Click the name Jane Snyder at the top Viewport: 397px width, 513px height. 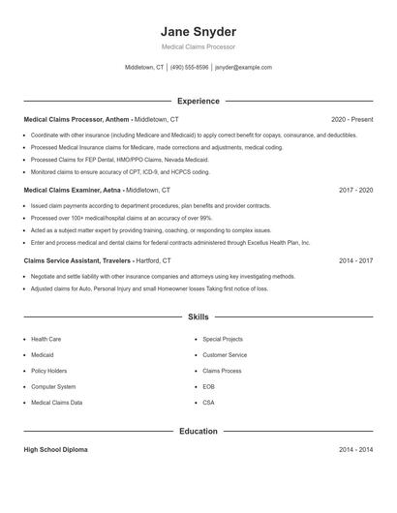(198, 32)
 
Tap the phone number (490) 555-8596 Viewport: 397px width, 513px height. (190, 68)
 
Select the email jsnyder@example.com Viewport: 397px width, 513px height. (243, 68)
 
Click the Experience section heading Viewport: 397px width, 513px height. (198, 101)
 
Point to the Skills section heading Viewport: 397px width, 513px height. (198, 317)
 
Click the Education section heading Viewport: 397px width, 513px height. (198, 431)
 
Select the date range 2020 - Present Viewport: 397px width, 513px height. (351, 119)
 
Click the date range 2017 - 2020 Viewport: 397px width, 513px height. (355, 191)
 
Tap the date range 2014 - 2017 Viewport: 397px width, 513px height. (355, 261)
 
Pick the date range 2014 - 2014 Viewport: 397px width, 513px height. (355, 450)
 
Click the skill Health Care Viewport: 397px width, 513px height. (46, 340)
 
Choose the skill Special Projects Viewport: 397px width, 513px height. (222, 340)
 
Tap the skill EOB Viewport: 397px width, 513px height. (208, 386)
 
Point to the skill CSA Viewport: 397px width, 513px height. (208, 403)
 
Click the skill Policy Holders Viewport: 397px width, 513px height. (48, 371)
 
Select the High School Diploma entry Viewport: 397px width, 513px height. (56, 450)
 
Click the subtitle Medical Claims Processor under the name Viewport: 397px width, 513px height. (198, 47)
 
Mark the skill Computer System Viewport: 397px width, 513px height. (52, 386)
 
